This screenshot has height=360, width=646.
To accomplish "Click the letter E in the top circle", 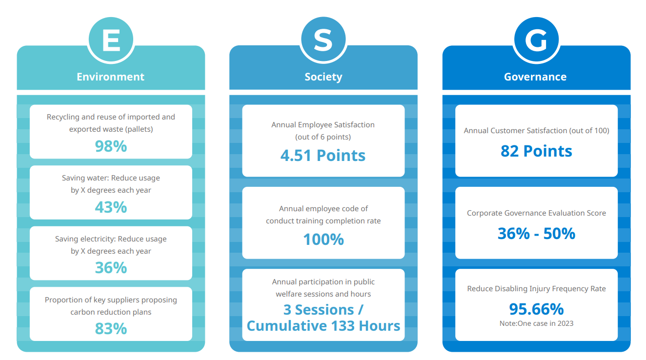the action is coord(111,40).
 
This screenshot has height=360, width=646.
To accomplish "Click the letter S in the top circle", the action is coord(323,40).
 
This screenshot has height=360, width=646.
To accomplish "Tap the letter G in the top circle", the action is coord(536,40).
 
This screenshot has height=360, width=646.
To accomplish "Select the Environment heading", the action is coord(110,77).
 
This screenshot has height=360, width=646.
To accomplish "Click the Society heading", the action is coord(323,77).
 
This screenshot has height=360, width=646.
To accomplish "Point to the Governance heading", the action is coord(535,77).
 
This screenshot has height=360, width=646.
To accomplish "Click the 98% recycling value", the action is coord(111,146).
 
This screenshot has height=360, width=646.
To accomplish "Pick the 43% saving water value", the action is coord(111,207).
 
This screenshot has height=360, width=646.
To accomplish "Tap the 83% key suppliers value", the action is coord(111,329).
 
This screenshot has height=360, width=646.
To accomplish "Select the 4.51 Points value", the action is coord(323,155).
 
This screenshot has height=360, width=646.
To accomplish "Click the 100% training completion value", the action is coord(323,239).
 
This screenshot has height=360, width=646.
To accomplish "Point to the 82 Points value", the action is coord(536,151).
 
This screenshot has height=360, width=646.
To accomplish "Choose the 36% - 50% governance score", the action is coord(536,234).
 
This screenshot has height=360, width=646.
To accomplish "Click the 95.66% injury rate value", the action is coord(536,309).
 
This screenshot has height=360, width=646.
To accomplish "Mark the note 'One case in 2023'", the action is coord(536,323).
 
